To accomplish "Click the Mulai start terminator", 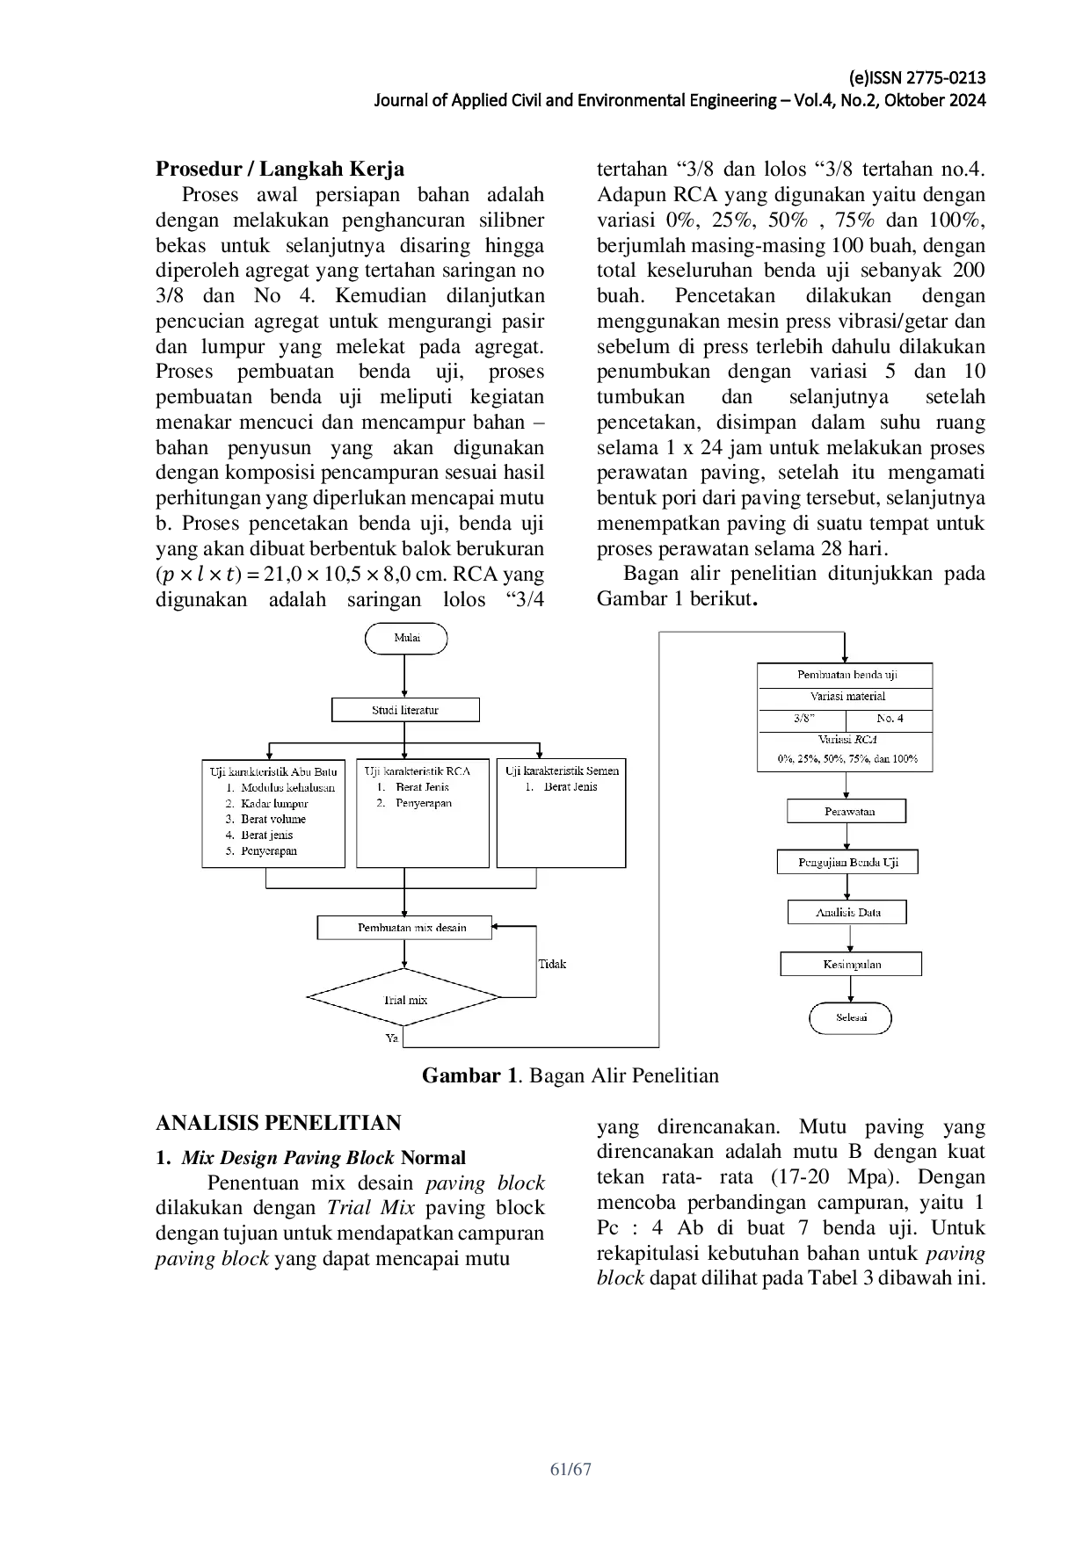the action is click(406, 638).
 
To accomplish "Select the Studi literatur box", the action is click(405, 710).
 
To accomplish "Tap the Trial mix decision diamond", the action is click(403, 997).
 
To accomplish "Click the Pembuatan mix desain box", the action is click(404, 928).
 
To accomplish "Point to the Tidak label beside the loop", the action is click(552, 964).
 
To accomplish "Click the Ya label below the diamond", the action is click(392, 1038).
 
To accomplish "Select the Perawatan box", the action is click(847, 811).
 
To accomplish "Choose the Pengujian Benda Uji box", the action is click(847, 862).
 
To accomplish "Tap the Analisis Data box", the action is click(847, 912).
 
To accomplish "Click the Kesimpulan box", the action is click(851, 964).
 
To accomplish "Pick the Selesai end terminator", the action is click(851, 1018).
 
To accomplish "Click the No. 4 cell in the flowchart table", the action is click(890, 719).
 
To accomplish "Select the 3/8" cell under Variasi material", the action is click(803, 719).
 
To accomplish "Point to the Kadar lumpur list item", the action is click(274, 803).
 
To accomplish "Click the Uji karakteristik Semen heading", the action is click(562, 770).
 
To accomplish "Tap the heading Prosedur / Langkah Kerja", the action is click(280, 169).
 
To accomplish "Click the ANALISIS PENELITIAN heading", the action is click(278, 1123).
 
